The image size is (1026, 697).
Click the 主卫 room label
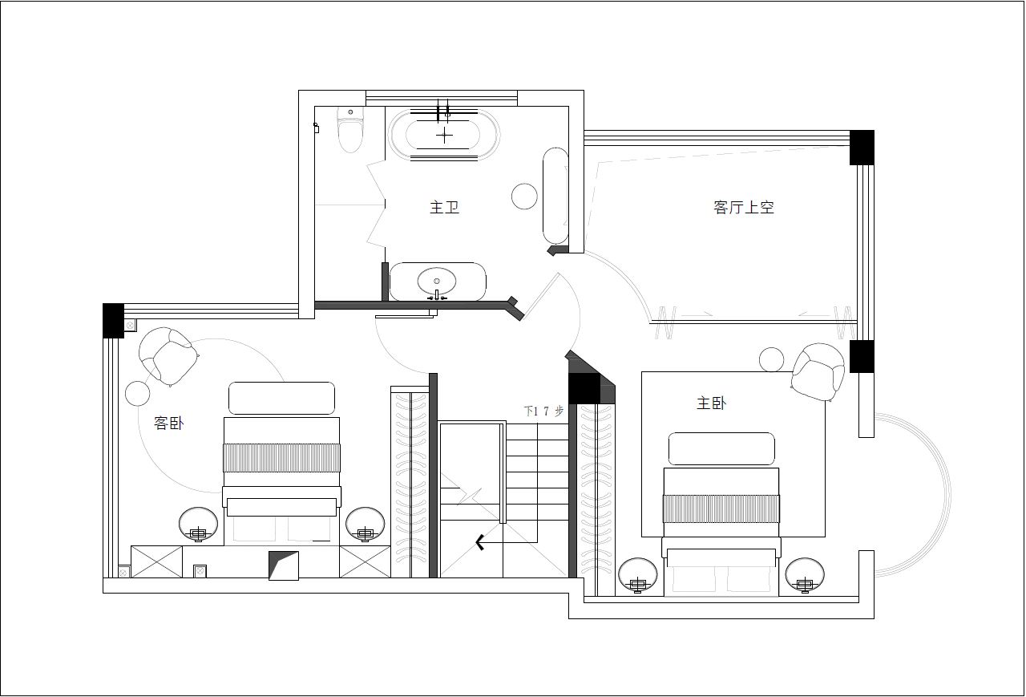(x=444, y=207)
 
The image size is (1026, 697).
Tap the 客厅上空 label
(x=743, y=207)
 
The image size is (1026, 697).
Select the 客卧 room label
(x=168, y=423)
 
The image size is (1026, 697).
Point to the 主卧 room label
(x=711, y=403)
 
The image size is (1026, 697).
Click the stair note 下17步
(x=543, y=411)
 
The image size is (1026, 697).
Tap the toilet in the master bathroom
(x=350, y=129)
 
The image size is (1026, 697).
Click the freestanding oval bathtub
(x=443, y=135)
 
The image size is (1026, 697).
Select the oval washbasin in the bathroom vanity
(x=437, y=282)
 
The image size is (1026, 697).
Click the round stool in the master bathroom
(x=524, y=197)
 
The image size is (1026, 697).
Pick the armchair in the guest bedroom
(x=168, y=356)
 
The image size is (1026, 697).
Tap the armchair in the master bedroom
(x=818, y=371)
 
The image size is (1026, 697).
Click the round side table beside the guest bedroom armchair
(x=137, y=393)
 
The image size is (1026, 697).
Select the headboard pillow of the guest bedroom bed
(x=281, y=398)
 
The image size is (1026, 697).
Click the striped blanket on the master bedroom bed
(x=721, y=509)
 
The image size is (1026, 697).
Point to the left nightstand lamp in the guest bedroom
(x=198, y=525)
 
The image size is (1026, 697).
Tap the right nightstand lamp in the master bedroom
(x=805, y=576)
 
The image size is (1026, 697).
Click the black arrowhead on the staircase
(x=480, y=542)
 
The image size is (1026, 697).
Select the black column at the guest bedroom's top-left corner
(x=113, y=320)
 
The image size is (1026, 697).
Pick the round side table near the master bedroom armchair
(x=771, y=359)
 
